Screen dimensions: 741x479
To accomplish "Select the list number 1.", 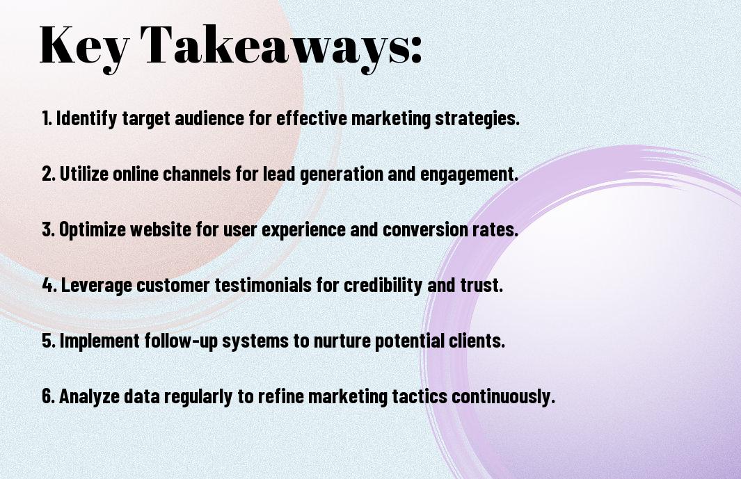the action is click(x=47, y=118).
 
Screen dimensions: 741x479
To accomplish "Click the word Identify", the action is click(x=86, y=119).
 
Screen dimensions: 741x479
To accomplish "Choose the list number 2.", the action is click(x=48, y=174).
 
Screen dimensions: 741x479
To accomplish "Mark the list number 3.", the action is click(x=48, y=229).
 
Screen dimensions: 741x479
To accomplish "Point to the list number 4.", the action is click(x=49, y=285).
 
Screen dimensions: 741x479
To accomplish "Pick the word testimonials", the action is click(x=263, y=285).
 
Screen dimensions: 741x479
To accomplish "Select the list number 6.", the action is click(x=48, y=396).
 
